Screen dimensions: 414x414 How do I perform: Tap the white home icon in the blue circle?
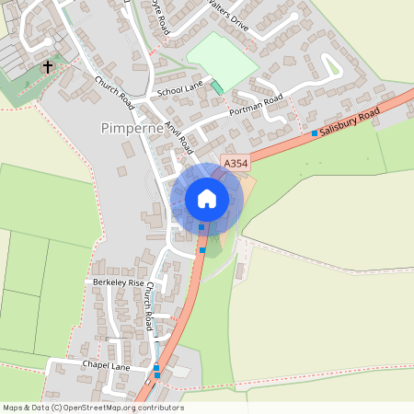click(x=207, y=198)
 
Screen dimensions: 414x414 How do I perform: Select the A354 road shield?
click(x=236, y=164)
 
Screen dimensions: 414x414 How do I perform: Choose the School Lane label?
click(x=179, y=90)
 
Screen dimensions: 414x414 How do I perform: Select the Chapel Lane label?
click(x=105, y=365)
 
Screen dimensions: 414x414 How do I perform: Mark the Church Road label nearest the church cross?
click(x=115, y=92)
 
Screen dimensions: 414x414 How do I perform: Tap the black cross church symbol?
click(x=48, y=67)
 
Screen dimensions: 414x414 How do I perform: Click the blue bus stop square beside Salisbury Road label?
click(x=315, y=133)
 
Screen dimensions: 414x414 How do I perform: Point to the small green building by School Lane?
click(x=217, y=87)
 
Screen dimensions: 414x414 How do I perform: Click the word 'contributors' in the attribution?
click(x=155, y=408)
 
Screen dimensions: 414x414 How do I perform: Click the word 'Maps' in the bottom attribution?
click(x=14, y=408)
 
